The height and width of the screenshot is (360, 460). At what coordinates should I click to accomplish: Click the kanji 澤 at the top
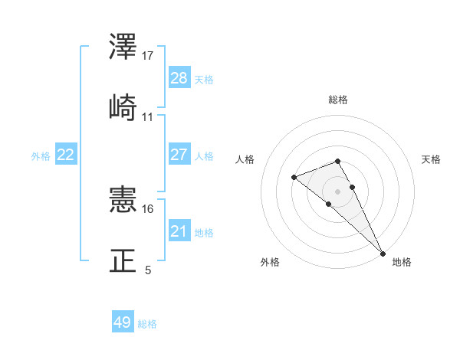[124, 49]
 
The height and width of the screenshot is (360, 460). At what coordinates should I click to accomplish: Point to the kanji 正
[124, 260]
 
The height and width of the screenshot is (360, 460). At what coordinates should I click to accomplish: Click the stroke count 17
[149, 56]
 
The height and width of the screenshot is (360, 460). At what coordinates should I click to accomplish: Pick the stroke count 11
[148, 117]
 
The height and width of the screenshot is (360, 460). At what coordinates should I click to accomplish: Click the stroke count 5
[148, 270]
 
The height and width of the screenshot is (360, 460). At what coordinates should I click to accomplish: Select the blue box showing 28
[179, 78]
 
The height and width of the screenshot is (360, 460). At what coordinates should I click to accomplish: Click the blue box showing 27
[179, 155]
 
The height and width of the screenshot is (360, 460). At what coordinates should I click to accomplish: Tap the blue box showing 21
[179, 231]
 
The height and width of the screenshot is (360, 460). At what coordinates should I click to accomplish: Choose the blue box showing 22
[66, 155]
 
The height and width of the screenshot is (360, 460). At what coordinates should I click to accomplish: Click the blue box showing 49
[123, 322]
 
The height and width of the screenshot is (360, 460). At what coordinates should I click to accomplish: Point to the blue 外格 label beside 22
[41, 156]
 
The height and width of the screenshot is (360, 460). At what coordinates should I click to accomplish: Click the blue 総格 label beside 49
[147, 324]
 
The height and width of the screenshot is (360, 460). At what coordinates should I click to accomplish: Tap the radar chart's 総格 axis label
[338, 100]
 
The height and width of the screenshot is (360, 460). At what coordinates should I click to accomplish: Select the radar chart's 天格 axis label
[431, 159]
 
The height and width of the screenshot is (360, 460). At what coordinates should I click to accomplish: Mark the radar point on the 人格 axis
[294, 178]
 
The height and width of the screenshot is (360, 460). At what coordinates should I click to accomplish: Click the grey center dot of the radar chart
[338, 191]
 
